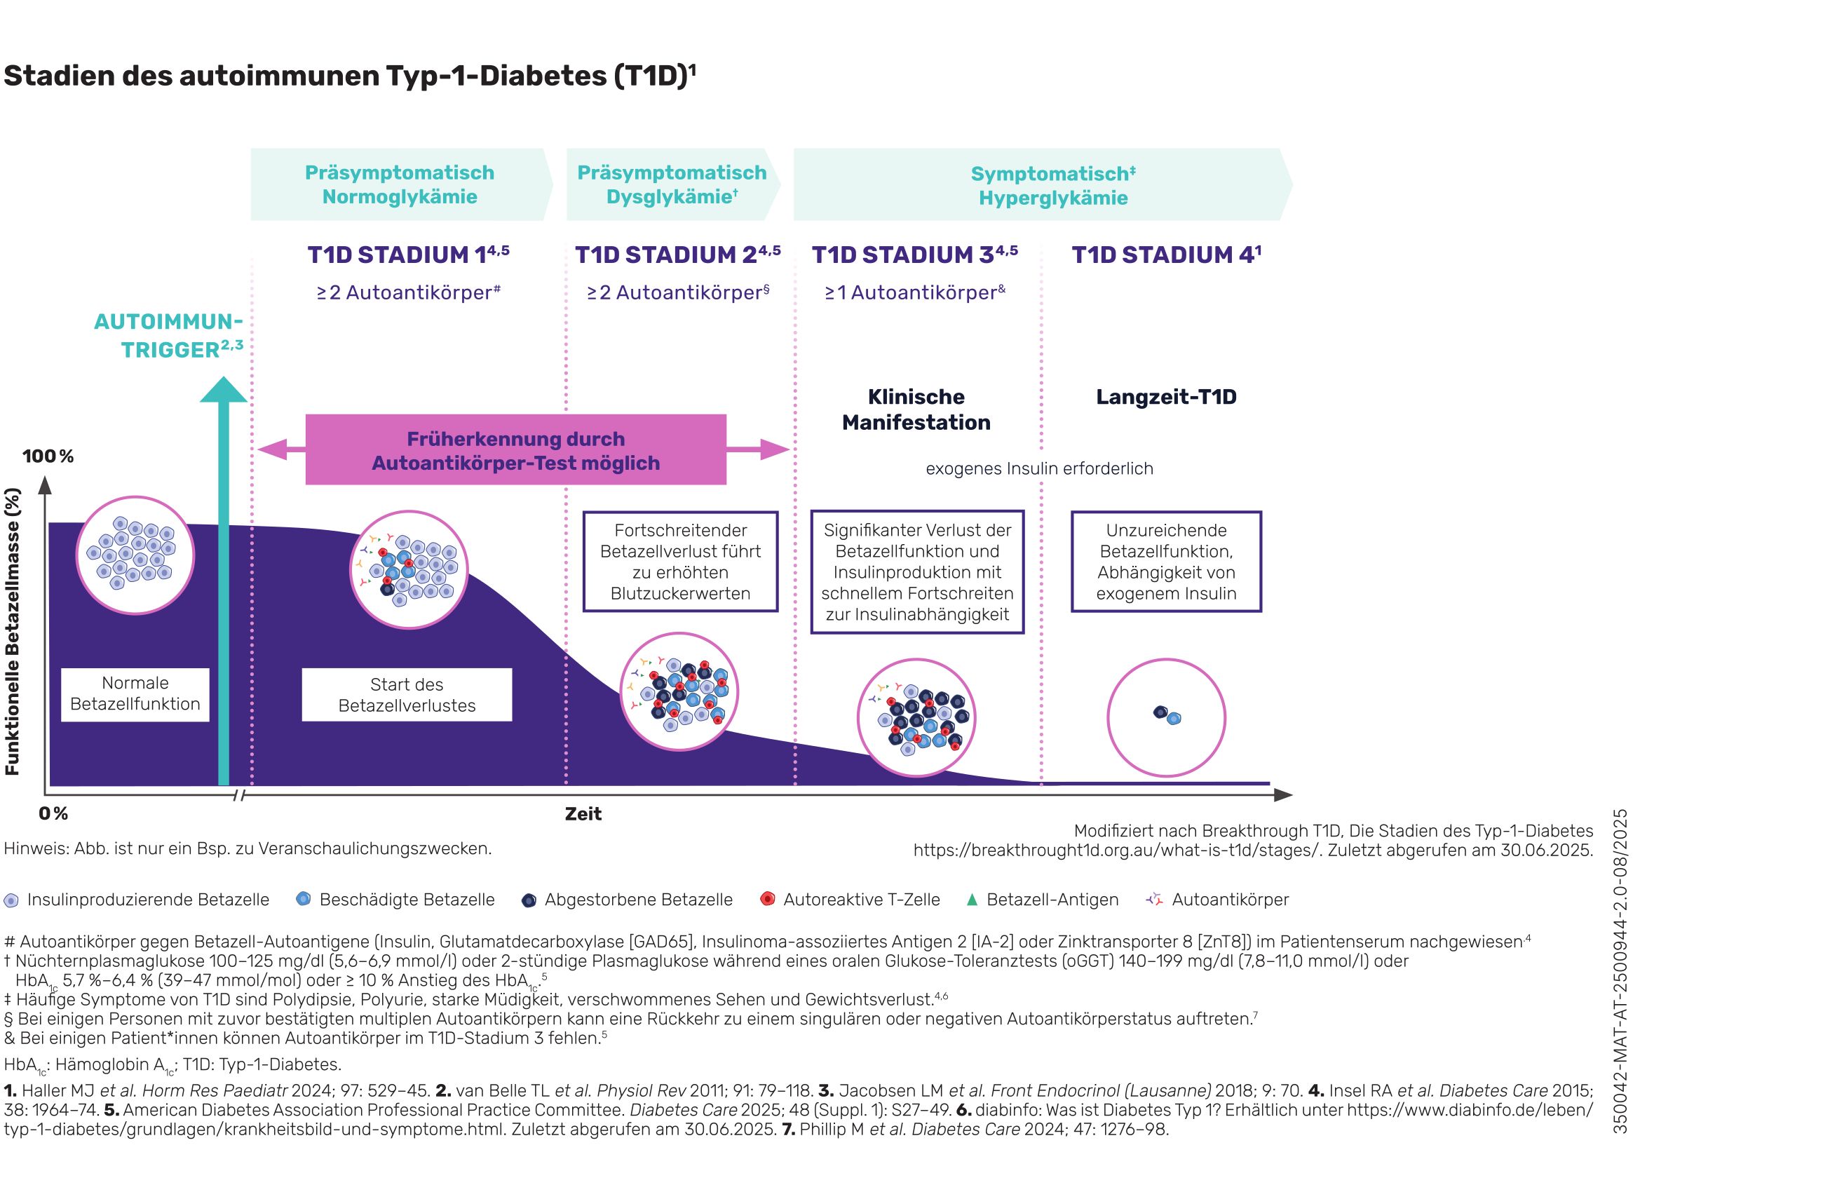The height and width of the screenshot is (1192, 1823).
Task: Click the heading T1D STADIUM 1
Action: tap(407, 255)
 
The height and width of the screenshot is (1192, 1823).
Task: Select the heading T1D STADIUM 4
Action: tap(1165, 255)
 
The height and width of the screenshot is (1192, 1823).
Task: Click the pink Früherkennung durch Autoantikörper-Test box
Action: tap(515, 450)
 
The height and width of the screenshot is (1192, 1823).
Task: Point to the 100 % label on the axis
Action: tap(48, 456)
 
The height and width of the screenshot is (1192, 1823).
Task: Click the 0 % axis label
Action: tap(53, 813)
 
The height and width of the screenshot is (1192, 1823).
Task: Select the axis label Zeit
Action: tap(583, 814)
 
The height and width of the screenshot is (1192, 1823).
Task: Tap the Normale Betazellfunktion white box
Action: tap(135, 694)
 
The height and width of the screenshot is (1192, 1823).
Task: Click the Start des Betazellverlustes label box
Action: tap(407, 695)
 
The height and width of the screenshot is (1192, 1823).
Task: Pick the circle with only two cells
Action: tap(1166, 718)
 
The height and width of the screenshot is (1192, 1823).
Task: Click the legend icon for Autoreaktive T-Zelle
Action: tap(767, 899)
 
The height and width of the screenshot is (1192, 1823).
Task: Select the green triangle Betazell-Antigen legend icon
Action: tap(972, 900)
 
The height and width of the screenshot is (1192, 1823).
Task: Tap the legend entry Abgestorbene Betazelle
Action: tap(637, 900)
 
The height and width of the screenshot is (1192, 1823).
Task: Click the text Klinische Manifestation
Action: tap(916, 410)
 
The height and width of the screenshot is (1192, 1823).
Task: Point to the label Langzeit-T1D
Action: tap(1166, 397)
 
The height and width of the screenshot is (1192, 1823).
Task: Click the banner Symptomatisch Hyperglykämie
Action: tap(1052, 185)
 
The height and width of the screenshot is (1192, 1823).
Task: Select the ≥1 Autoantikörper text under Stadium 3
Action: tap(914, 292)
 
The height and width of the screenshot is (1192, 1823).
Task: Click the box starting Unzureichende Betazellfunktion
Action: tap(1166, 562)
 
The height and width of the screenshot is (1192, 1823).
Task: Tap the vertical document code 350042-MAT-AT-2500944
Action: tap(1620, 971)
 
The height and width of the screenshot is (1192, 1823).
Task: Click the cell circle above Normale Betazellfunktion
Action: tap(135, 555)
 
